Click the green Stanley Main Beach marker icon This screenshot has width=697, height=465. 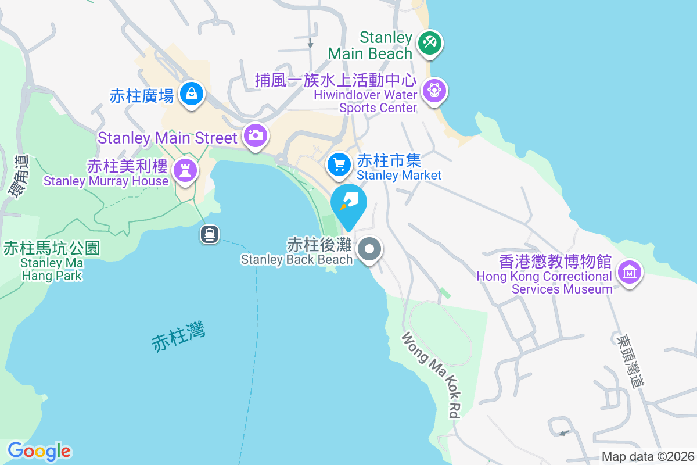[x=429, y=44]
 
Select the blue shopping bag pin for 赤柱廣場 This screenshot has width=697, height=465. [x=191, y=93]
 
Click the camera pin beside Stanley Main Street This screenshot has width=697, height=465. [x=255, y=135]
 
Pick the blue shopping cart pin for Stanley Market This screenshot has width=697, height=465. [x=339, y=164]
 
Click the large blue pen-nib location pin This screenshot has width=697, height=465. [x=348, y=204]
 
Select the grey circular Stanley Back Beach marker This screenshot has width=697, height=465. [x=369, y=250]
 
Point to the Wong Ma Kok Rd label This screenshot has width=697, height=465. [x=431, y=375]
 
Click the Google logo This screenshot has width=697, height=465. [x=39, y=451]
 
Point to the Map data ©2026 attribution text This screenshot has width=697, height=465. [x=648, y=456]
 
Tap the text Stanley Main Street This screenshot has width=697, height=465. [x=167, y=138]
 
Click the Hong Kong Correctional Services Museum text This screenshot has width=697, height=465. [x=544, y=282]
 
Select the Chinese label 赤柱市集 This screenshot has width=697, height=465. [x=389, y=160]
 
